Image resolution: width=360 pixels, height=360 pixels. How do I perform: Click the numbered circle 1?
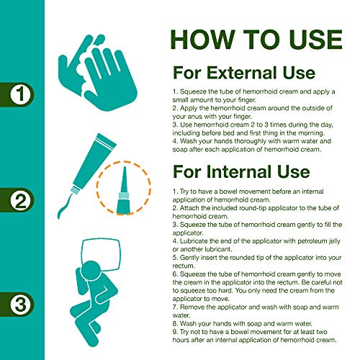point(20,94)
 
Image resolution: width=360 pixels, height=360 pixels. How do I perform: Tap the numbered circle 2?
point(20,200)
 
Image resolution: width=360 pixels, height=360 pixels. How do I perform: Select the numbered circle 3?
point(20,305)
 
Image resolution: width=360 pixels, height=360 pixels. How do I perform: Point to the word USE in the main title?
point(315,40)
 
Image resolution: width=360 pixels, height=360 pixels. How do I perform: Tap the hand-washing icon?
point(98,73)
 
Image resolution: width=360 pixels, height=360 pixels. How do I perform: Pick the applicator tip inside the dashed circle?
point(124,189)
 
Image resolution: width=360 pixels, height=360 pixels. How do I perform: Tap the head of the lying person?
point(92,271)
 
